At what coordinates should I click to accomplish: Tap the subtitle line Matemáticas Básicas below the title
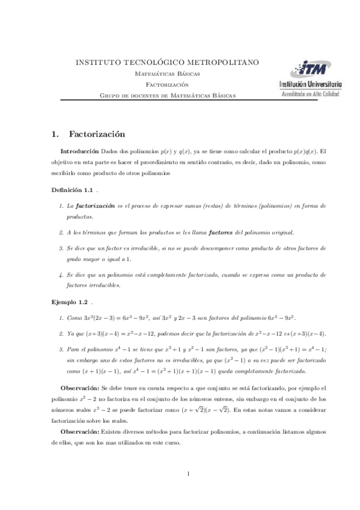167,73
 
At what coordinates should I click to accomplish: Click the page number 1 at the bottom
188,474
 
